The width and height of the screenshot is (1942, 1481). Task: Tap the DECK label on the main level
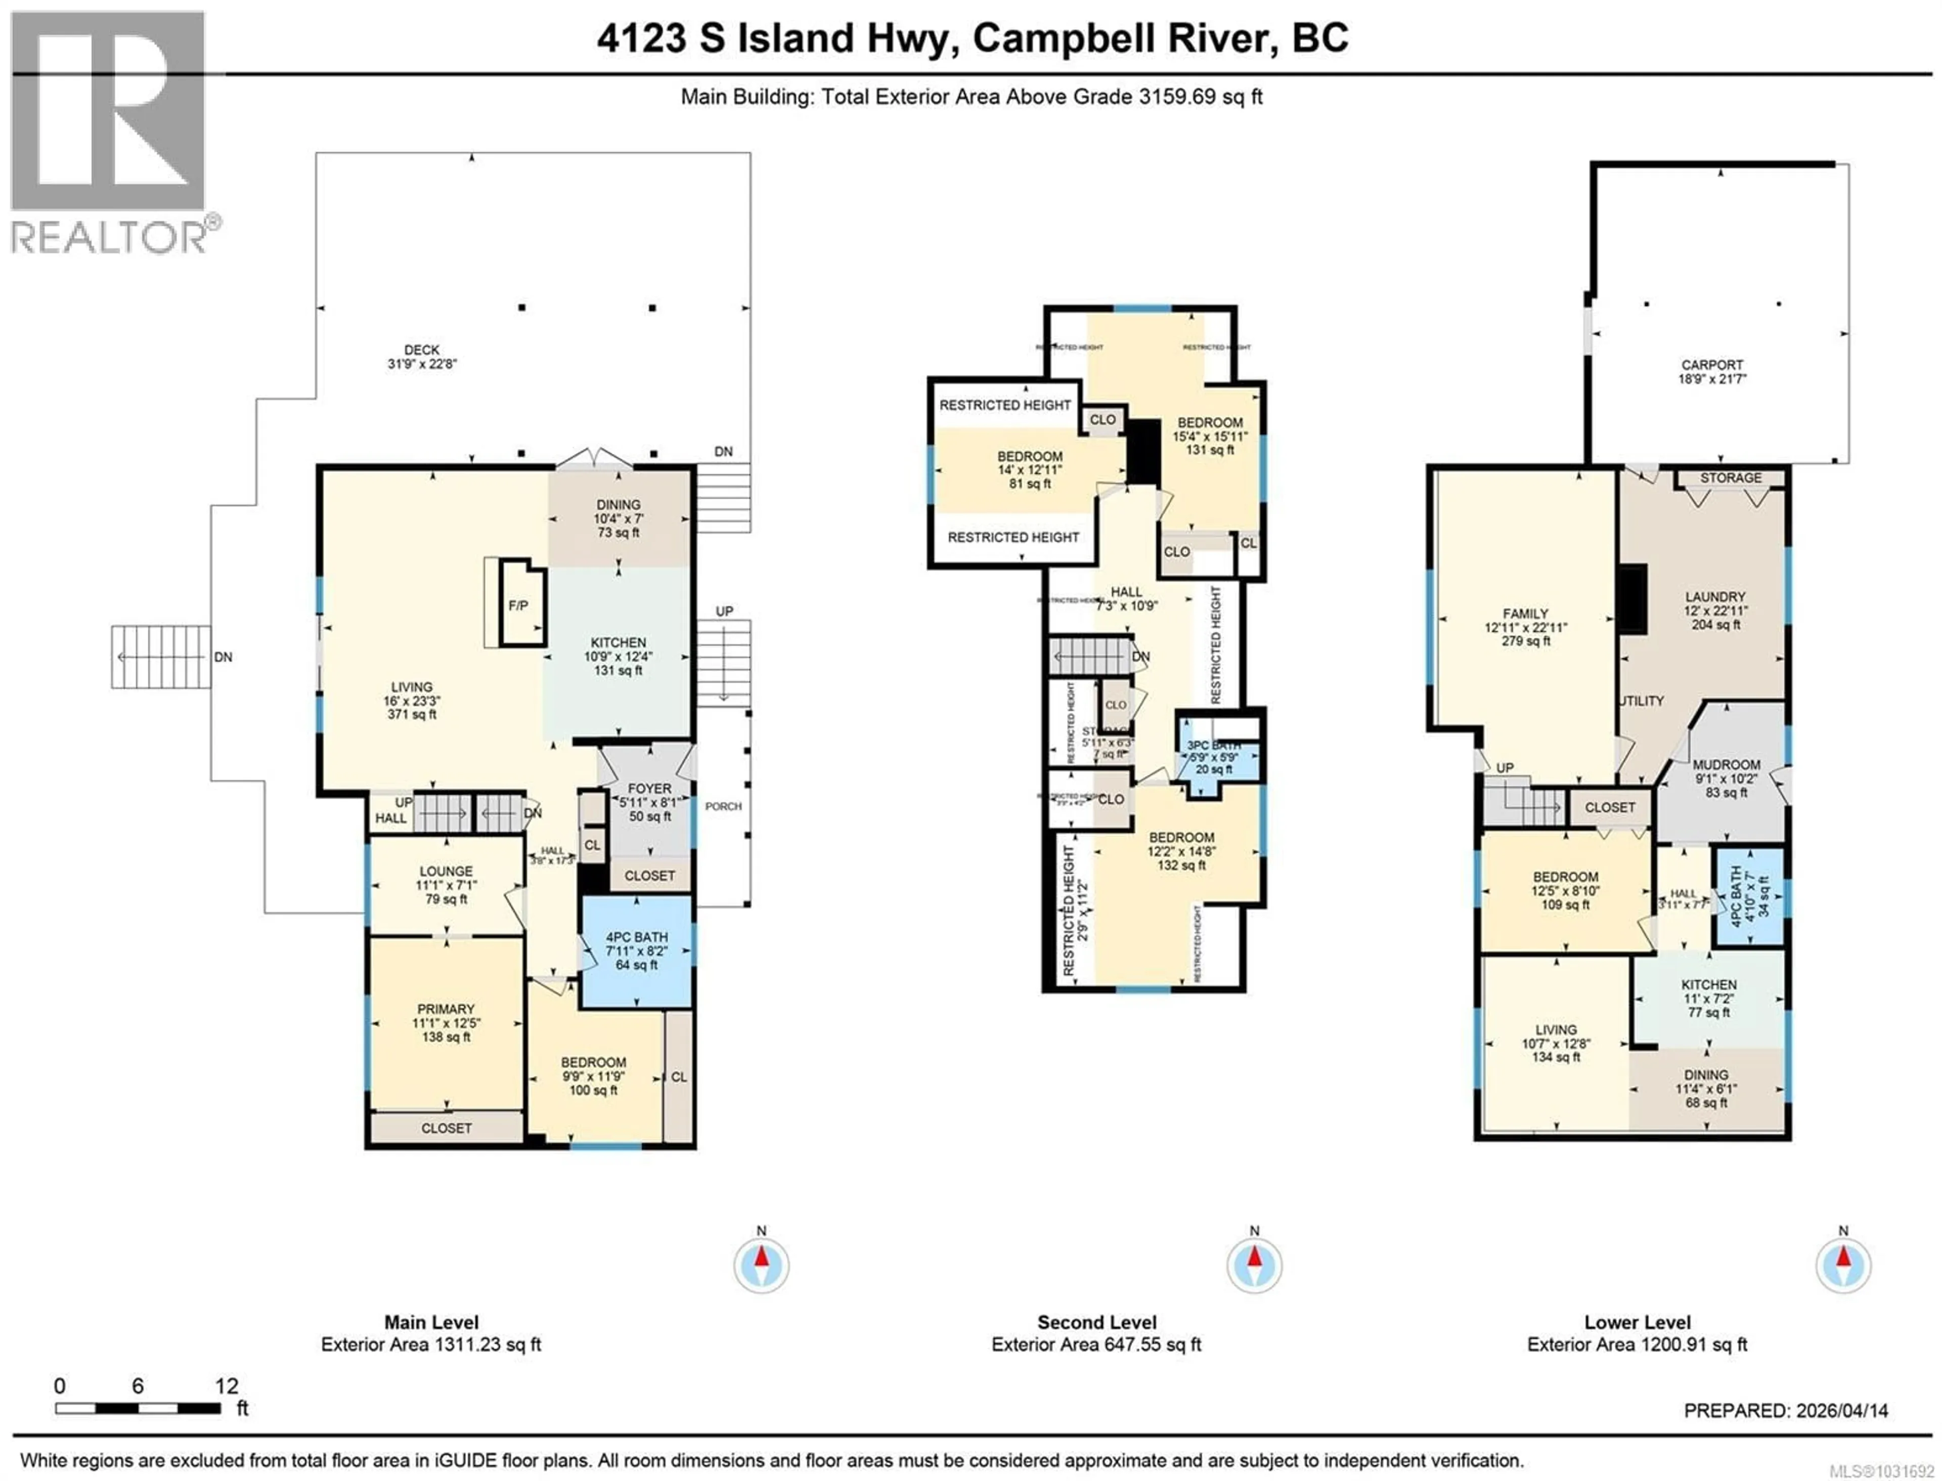pyautogui.click(x=421, y=350)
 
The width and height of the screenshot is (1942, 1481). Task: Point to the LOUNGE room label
pyautogui.click(x=446, y=871)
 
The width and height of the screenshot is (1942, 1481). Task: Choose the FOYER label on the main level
pyautogui.click(x=650, y=788)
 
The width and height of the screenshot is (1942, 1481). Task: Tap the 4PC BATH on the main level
pyautogui.click(x=637, y=937)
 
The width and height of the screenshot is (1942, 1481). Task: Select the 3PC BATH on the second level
pyautogui.click(x=1214, y=746)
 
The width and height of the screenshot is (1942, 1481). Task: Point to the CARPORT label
pyautogui.click(x=1712, y=365)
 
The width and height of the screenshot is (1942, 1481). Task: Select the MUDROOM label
pyautogui.click(x=1727, y=765)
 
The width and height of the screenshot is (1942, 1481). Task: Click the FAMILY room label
pyautogui.click(x=1526, y=614)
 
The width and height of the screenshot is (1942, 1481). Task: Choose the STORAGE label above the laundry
pyautogui.click(x=1731, y=478)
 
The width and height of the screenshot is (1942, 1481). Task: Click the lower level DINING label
pyautogui.click(x=1706, y=1075)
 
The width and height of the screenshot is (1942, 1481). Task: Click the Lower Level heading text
pyautogui.click(x=1637, y=1322)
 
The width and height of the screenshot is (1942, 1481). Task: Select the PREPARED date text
pyautogui.click(x=1786, y=1435)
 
